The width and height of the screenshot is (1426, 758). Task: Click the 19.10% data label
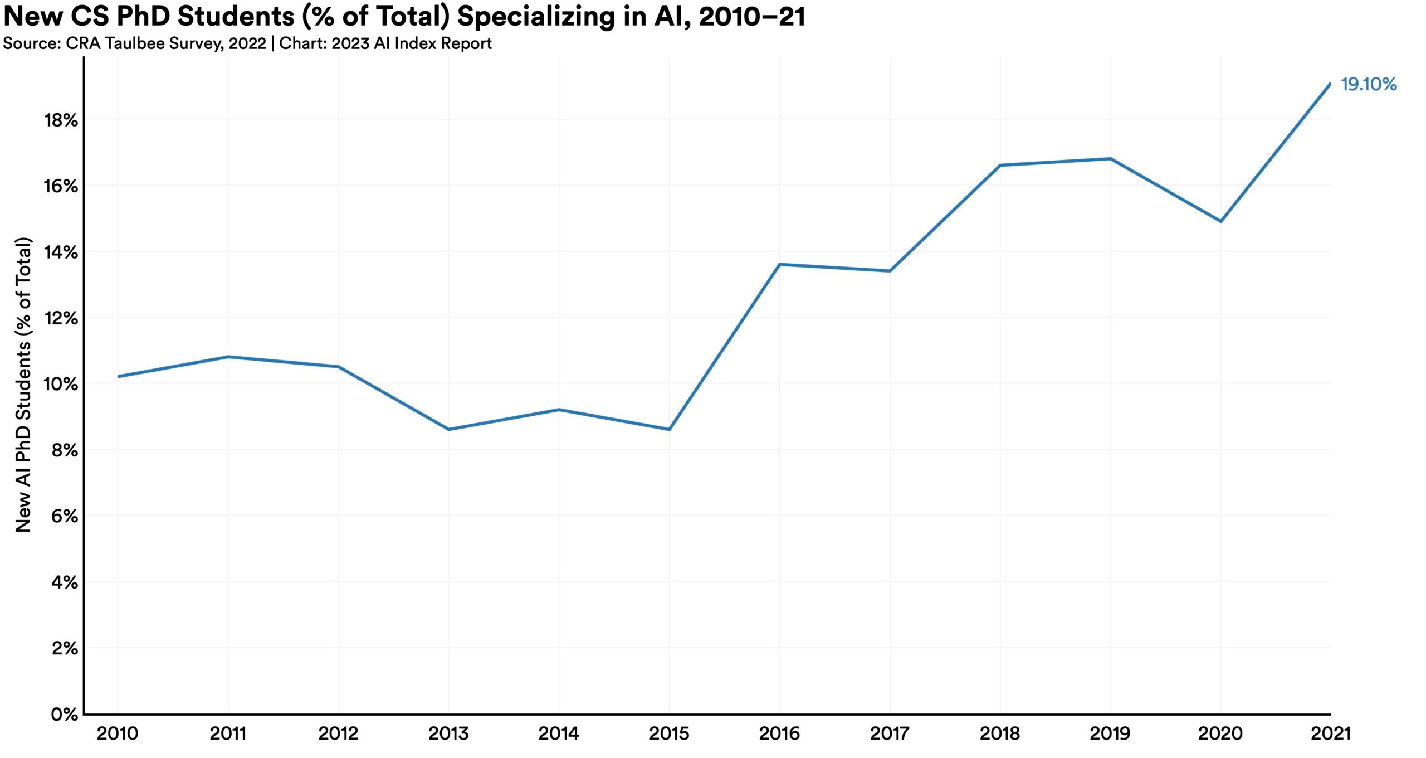coord(1368,85)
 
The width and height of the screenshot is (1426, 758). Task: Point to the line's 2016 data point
coord(779,264)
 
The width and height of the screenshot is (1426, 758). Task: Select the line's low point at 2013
coord(448,429)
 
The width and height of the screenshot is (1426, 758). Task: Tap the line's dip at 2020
coord(1221,221)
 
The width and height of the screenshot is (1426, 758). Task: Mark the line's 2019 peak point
coord(1111,159)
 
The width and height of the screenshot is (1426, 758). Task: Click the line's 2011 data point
coord(228,357)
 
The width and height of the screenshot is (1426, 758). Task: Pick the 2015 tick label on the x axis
coord(669,733)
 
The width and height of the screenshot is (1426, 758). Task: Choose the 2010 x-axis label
coord(118,733)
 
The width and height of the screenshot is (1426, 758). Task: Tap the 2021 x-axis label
coord(1331,733)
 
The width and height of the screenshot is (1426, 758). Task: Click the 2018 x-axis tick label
coord(1000,733)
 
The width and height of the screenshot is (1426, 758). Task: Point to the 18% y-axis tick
coord(61,120)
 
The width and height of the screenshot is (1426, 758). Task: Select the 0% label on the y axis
coord(65,715)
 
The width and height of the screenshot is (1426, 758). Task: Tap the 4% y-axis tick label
coord(64,583)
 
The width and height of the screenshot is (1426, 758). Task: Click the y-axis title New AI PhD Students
coord(23,385)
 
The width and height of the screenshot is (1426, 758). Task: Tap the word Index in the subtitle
coord(416,43)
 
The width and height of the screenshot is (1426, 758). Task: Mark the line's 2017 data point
coord(890,271)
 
